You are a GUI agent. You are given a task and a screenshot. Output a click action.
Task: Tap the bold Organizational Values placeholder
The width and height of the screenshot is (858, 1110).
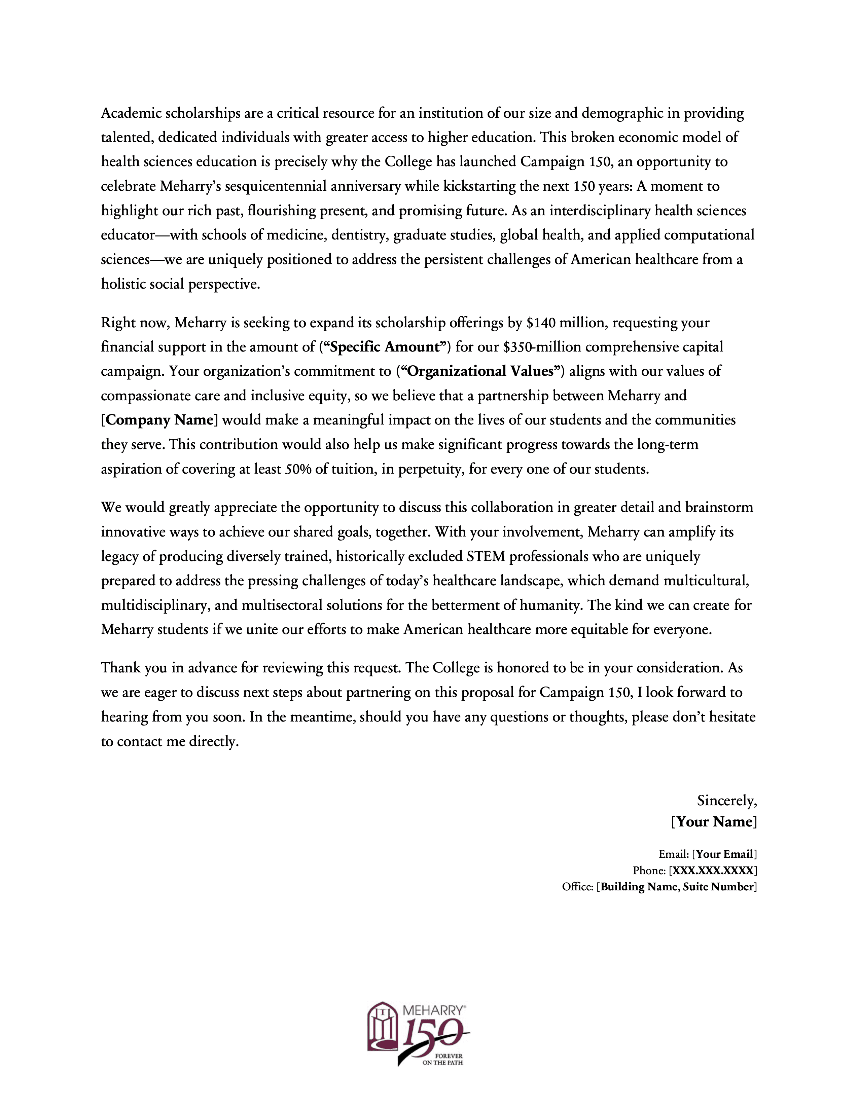click(480, 372)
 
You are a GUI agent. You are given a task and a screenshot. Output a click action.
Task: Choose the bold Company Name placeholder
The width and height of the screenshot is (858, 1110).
click(159, 420)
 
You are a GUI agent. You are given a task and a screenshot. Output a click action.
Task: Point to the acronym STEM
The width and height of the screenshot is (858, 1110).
click(486, 557)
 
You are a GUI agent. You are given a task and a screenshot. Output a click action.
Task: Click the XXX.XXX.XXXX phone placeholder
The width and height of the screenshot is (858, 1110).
click(713, 870)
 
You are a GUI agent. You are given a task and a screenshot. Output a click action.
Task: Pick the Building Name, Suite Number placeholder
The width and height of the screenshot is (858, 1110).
click(677, 887)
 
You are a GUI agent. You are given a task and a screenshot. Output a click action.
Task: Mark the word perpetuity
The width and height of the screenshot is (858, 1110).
click(430, 469)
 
